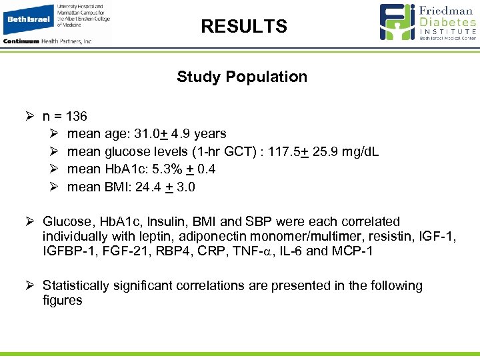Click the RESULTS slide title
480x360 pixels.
click(244, 27)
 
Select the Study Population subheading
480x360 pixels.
click(242, 77)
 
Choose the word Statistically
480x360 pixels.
click(75, 285)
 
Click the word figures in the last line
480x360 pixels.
click(63, 300)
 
